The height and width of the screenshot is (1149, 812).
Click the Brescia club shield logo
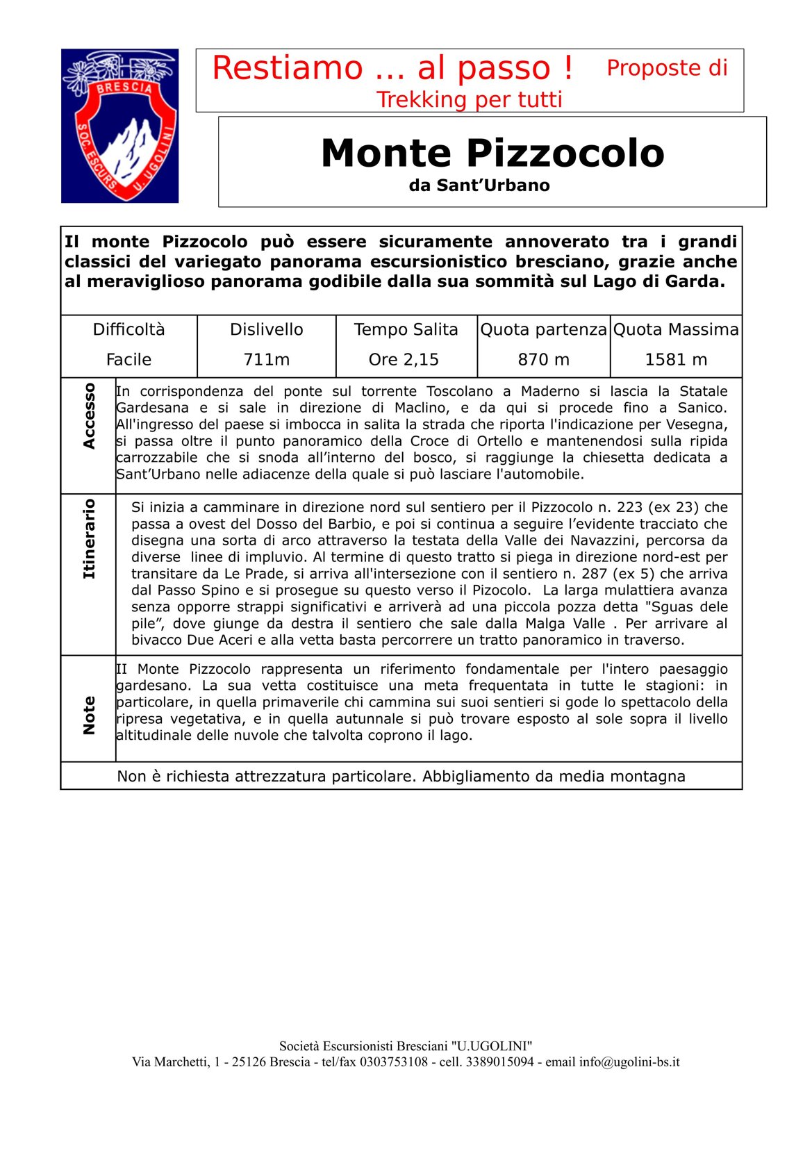[x=119, y=126]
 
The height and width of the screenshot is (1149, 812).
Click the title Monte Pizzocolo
[x=492, y=153]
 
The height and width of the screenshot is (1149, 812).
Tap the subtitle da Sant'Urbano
[x=479, y=185]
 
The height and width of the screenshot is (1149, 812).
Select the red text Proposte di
[x=667, y=68]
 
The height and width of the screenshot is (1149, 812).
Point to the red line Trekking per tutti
[x=469, y=100]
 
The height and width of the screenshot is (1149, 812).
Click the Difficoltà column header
[x=129, y=329]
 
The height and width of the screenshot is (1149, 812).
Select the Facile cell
[x=129, y=360]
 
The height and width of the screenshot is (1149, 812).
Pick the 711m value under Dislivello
[x=267, y=360]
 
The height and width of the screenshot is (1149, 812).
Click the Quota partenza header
[x=543, y=329]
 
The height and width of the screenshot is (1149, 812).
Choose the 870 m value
[x=543, y=360]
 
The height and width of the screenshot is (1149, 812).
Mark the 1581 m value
[x=676, y=360]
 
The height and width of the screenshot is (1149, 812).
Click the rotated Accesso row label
[x=89, y=415]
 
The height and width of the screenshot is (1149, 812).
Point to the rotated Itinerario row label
[x=89, y=538]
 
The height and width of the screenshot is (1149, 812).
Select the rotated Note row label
[x=89, y=715]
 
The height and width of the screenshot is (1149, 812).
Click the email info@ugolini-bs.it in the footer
[x=629, y=1062]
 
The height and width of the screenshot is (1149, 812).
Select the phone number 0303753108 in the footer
[x=394, y=1062]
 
